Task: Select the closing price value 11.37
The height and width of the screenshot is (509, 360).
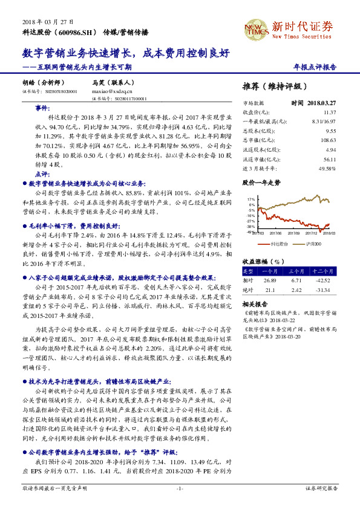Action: (329, 112)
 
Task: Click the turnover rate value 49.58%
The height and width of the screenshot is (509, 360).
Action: (326, 167)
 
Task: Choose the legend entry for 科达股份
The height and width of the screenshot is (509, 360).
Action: (276, 244)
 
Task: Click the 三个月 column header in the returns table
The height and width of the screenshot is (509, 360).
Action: (296, 271)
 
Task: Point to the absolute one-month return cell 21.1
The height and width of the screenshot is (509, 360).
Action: (270, 290)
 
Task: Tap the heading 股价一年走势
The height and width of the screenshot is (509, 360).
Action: (261, 181)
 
